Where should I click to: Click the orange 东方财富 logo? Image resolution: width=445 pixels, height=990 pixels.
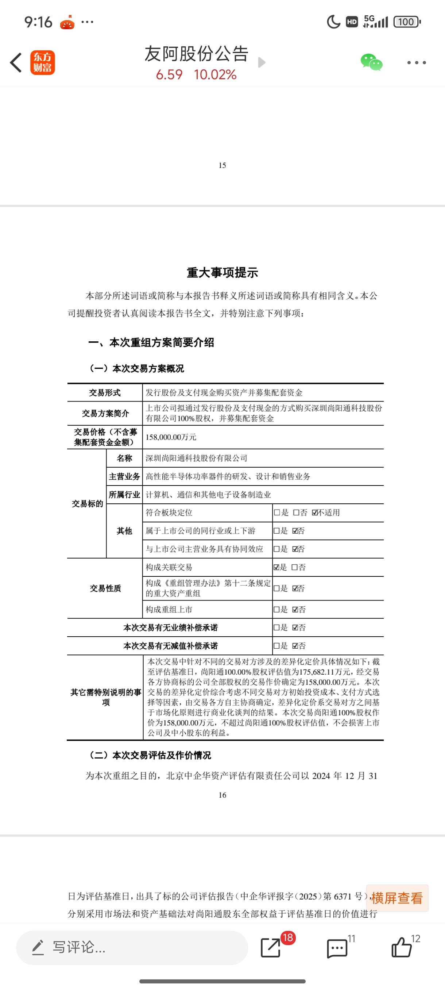43,63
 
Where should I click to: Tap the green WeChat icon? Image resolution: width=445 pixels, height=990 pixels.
371,62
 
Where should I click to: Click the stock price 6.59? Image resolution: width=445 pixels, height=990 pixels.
169,74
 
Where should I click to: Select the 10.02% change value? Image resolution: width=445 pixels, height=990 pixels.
215,74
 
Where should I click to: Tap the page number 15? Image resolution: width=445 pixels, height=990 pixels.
222,165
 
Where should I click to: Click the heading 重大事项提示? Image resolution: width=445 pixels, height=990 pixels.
222,272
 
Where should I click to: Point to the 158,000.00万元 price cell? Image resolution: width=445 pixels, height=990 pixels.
171,437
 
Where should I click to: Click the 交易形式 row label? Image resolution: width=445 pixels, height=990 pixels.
105,393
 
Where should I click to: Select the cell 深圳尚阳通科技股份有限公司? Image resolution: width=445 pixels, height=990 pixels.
197,458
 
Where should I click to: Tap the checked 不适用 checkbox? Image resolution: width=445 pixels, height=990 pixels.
315,513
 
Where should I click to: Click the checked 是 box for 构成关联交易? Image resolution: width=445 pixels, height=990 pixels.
276,567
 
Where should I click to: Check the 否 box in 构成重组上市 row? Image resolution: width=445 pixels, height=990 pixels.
295,610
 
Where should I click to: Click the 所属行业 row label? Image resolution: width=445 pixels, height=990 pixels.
124,495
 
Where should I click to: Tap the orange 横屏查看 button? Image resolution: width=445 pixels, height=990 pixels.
397,898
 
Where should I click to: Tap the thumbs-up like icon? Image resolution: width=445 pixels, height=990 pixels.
402,948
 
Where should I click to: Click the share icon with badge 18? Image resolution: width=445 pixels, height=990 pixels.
271,948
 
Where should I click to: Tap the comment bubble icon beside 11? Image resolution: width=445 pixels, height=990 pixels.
337,948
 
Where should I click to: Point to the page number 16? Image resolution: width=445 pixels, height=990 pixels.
222,795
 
